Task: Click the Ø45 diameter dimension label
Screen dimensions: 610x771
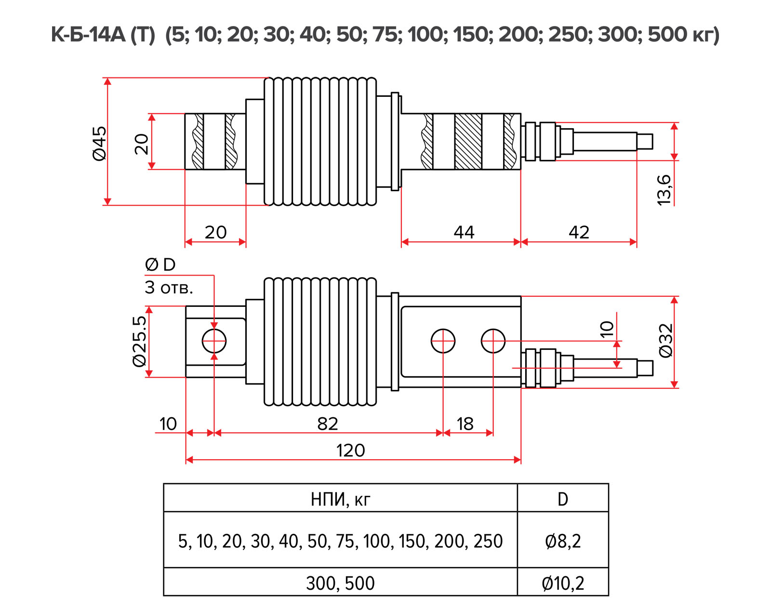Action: tap(100, 143)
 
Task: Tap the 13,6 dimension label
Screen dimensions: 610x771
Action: tap(664, 190)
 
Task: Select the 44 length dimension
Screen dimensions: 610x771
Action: tap(464, 232)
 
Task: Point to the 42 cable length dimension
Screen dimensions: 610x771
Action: tap(579, 232)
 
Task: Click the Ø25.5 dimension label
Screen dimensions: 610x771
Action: tap(139, 341)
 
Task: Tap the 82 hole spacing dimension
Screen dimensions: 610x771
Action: tap(328, 424)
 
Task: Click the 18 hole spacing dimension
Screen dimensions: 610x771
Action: tap(465, 424)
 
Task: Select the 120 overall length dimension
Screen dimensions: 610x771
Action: tap(350, 450)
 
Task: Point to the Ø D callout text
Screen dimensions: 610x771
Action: tap(160, 265)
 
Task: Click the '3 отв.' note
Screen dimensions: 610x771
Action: tap(169, 288)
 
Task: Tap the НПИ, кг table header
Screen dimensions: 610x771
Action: tap(340, 499)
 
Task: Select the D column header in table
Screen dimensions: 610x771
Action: tap(562, 499)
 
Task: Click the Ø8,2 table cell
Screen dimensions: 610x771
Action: tap(562, 541)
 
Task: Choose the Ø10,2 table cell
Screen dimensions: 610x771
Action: tap(562, 583)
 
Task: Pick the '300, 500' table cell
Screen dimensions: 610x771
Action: tap(340, 583)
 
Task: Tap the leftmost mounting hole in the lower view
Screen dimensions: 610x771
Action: tap(214, 341)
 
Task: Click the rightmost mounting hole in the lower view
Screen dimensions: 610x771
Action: tap(493, 341)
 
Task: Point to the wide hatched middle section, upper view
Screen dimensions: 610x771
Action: tap(468, 142)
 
